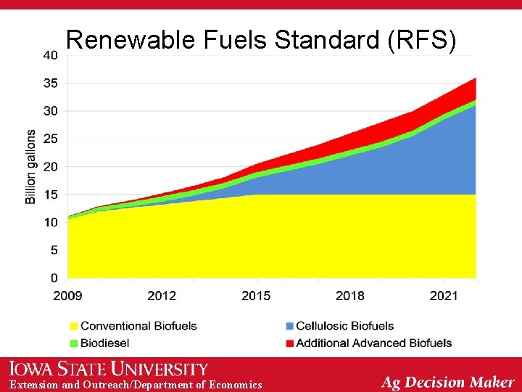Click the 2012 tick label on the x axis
pyautogui.click(x=162, y=295)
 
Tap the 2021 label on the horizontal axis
pyautogui.click(x=444, y=295)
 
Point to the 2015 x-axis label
pyautogui.click(x=256, y=295)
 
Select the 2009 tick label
pyautogui.click(x=67, y=295)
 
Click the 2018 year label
pyautogui.click(x=350, y=295)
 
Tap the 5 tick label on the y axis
pyautogui.click(x=54, y=250)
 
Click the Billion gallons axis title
pyautogui.click(x=31, y=167)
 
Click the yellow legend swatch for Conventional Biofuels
pyautogui.click(x=73, y=326)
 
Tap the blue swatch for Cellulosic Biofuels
pyautogui.click(x=289, y=326)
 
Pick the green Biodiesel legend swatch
pyautogui.click(x=73, y=343)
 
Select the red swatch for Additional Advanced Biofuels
pyautogui.click(x=289, y=343)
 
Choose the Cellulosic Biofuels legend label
pyautogui.click(x=345, y=326)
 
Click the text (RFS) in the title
pyautogui.click(x=423, y=41)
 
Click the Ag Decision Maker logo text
pyautogui.click(x=448, y=382)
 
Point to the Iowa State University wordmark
pyautogui.click(x=109, y=369)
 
